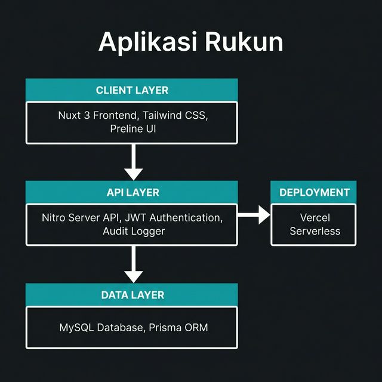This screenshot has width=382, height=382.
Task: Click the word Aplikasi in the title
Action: pos(147,42)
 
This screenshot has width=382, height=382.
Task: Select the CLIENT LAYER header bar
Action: pos(132,90)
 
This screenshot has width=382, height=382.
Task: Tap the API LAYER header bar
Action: pos(132,192)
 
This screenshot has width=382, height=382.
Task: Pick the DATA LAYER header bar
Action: pos(132,294)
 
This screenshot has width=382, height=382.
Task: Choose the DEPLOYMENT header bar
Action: pos(314,192)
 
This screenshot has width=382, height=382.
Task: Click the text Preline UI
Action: pos(132,128)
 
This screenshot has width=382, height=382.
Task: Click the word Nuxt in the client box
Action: pos(70,115)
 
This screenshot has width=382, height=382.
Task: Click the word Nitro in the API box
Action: pos(55,217)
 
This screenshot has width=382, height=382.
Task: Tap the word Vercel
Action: pos(314,217)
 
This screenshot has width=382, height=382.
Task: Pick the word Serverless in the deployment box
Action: pos(314,231)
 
